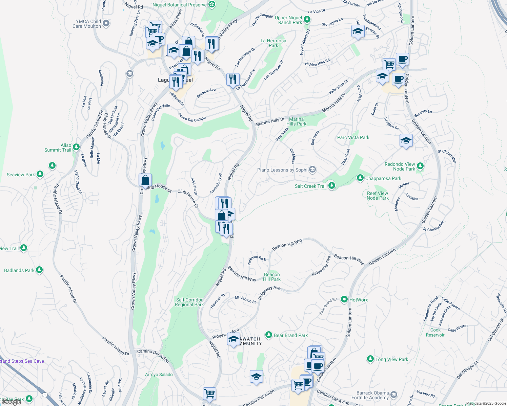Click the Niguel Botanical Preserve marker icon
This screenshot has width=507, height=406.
pyautogui.click(x=212, y=4)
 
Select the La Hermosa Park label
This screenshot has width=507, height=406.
pyautogui.click(x=273, y=43)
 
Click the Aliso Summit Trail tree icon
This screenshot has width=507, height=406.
pyautogui.click(x=76, y=147)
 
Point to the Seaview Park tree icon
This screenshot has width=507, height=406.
pyautogui.click(x=40, y=174)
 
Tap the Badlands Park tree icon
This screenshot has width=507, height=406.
pyautogui.click(x=39, y=270)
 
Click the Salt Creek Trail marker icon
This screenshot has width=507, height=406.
pyautogui.click(x=332, y=185)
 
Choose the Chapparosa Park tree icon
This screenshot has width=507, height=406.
pyautogui.click(x=360, y=178)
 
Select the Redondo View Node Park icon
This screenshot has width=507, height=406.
pyautogui.click(x=420, y=166)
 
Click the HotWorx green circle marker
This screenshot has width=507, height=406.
pyautogui.click(x=344, y=299)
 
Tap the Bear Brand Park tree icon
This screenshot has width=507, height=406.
pyautogui.click(x=269, y=335)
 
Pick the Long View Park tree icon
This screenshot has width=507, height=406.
pyautogui.click(x=370, y=359)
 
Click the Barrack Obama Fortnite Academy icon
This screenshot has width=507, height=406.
pyautogui.click(x=394, y=394)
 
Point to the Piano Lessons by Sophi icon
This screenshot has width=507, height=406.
pyautogui.click(x=312, y=170)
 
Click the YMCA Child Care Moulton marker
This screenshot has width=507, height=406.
pyautogui.click(x=106, y=23)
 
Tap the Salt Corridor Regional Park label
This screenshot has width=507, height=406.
pyautogui.click(x=189, y=302)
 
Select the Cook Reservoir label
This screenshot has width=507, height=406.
pyautogui.click(x=435, y=332)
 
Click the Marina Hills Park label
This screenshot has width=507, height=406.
pyautogui.click(x=296, y=121)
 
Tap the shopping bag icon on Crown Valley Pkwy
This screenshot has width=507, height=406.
pyautogui.click(x=145, y=180)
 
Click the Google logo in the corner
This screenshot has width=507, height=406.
pyautogui.click(x=11, y=402)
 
